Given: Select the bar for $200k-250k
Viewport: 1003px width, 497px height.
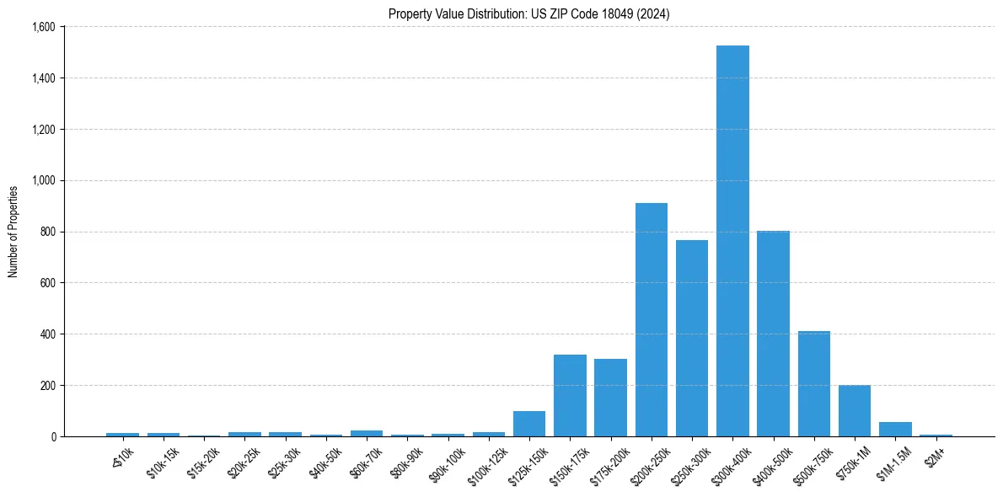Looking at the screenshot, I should (652, 320).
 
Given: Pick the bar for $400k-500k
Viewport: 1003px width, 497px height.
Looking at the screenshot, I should (773, 334).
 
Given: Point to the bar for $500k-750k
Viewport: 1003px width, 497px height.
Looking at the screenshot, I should (814, 384).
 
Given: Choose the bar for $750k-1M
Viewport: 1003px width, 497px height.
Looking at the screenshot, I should (855, 411).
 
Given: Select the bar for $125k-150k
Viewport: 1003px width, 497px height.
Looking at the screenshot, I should (529, 424).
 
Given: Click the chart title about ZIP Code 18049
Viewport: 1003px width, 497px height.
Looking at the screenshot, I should (529, 14).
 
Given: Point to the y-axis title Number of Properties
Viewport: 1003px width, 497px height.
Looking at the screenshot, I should (13, 232).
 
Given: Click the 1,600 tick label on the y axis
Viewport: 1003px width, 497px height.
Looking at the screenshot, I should (43, 27).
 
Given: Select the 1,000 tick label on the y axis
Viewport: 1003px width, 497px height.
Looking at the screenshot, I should (43, 180).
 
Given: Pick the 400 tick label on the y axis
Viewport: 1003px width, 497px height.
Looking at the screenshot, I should (47, 334).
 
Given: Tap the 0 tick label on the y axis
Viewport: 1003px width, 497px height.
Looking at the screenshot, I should (52, 436).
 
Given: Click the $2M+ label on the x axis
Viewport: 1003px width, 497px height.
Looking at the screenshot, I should (936, 454).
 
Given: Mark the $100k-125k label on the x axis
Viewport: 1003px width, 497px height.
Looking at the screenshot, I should (487, 460).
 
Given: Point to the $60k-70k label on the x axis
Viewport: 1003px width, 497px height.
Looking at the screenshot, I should (366, 458).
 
